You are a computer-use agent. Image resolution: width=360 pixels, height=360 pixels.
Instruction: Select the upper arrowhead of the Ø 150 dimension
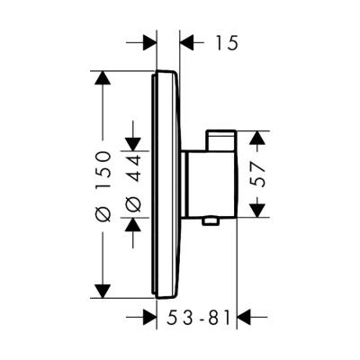coord(103,79)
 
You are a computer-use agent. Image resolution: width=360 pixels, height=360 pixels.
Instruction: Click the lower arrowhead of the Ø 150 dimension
coord(103,290)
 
